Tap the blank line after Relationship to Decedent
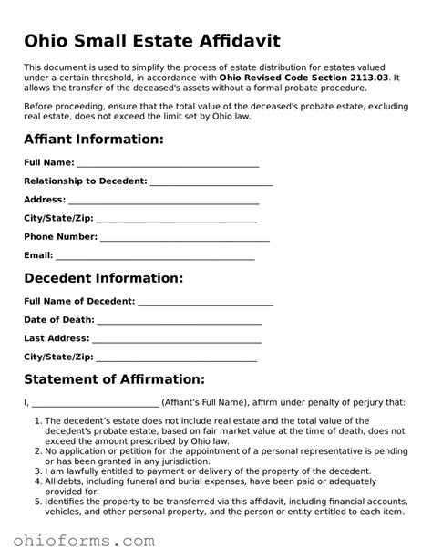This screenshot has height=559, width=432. click(x=204, y=181)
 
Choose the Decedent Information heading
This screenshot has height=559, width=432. click(x=103, y=277)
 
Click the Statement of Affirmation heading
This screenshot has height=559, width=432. click(x=114, y=378)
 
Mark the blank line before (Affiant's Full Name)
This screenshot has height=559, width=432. click(x=96, y=403)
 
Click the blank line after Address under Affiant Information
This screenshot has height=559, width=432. click(x=164, y=201)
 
